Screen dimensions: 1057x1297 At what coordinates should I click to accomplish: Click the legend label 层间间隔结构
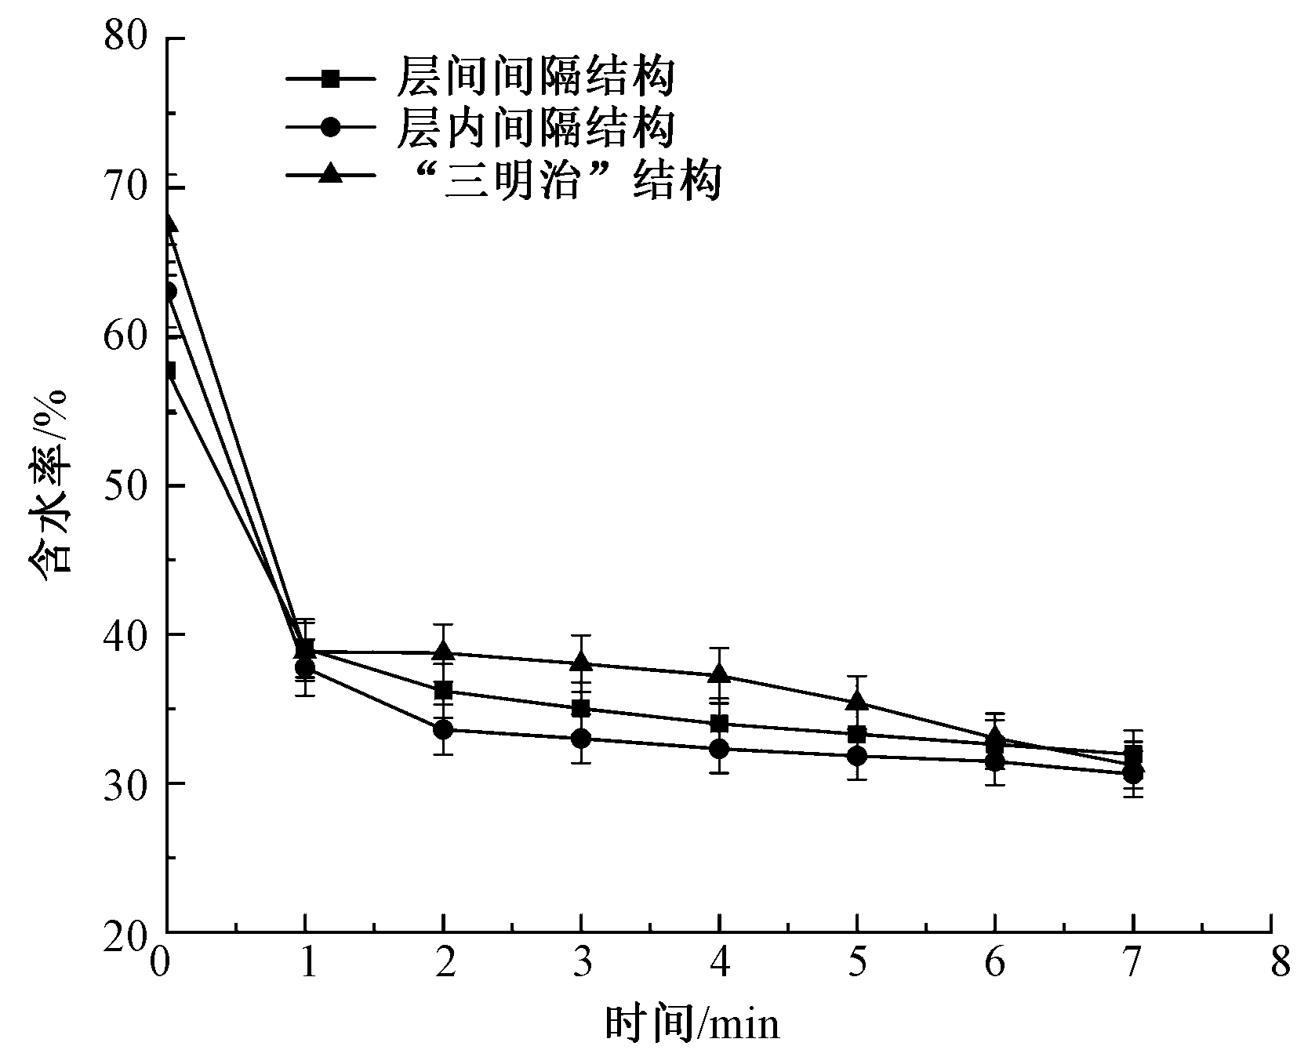pyautogui.click(x=536, y=78)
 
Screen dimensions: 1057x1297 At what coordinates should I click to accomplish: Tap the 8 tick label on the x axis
pyautogui.click(x=1280, y=963)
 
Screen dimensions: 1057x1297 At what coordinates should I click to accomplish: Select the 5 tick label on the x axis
pyautogui.click(x=857, y=963)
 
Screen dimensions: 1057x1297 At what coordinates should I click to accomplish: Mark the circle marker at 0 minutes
pyautogui.click(x=169, y=292)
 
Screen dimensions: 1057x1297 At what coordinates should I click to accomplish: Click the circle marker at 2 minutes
pyautogui.click(x=443, y=730)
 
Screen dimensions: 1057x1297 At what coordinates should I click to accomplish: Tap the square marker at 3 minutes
pyautogui.click(x=581, y=709)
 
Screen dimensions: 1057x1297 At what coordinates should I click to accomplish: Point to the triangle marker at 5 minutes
pyautogui.click(x=857, y=701)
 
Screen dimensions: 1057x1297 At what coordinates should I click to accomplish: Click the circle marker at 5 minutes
pyautogui.click(x=857, y=756)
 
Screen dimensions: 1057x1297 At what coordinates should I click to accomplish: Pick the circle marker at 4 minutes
pyautogui.click(x=719, y=749)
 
